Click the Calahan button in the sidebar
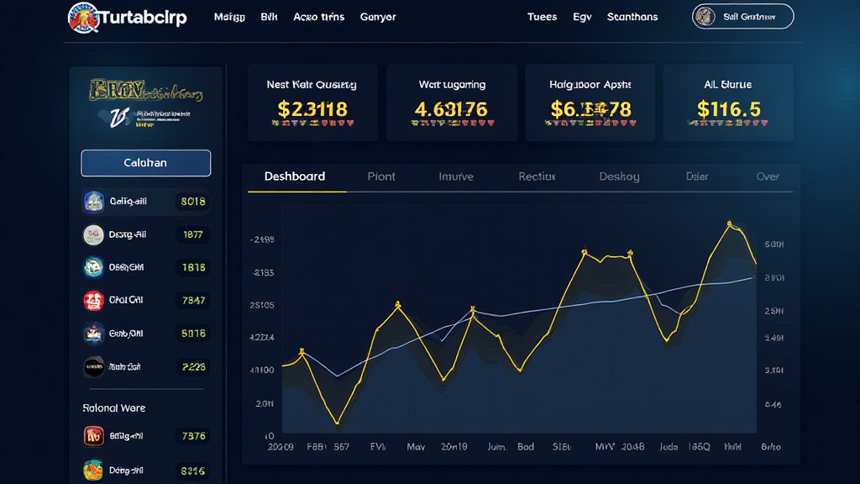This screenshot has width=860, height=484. tap(145, 163)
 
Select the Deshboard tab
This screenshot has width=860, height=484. tap(295, 176)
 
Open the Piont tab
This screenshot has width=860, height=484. tap(381, 176)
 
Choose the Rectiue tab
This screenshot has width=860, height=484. tap(537, 176)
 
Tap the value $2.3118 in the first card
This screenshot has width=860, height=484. tap(312, 108)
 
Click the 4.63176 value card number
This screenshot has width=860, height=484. tap(451, 108)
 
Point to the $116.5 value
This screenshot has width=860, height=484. tap(728, 108)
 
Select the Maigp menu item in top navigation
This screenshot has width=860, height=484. tap(229, 17)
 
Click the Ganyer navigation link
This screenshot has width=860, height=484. tap(378, 17)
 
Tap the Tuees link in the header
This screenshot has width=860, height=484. tap(542, 17)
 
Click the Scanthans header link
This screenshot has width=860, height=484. tap(632, 17)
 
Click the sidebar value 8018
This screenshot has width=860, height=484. tap(192, 202)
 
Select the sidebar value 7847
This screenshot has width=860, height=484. tap(192, 300)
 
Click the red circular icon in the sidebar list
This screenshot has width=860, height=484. tap(93, 300)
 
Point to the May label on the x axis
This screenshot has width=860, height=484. tap(416, 446)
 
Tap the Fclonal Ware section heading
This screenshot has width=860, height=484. tap(114, 408)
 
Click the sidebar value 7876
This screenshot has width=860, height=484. tap(192, 436)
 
